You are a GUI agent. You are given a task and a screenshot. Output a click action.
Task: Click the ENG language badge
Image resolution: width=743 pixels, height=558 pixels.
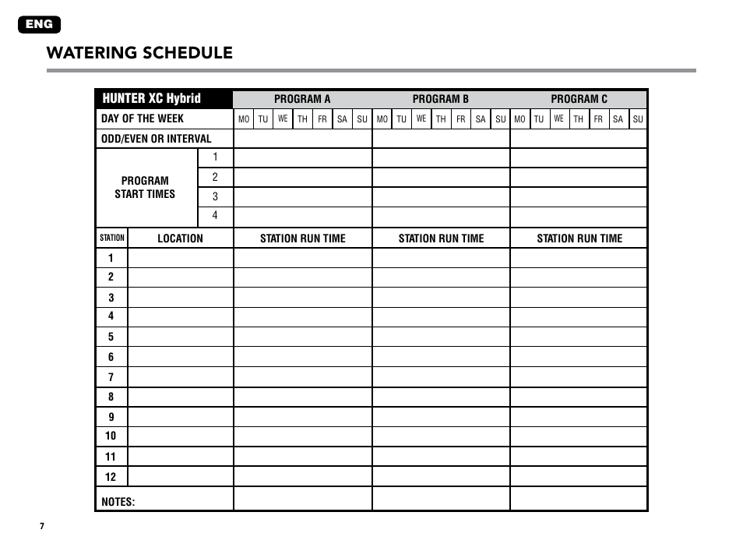coord(39,25)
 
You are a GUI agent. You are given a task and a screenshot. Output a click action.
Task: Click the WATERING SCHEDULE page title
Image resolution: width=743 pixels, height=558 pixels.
coord(139,53)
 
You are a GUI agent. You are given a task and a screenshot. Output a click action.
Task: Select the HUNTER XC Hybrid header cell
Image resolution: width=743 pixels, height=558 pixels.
coord(151,98)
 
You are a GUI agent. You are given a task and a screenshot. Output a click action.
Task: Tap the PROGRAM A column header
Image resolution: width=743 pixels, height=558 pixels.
coord(302,99)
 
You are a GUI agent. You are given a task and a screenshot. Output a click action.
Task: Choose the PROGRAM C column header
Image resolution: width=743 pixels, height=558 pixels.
coord(579,99)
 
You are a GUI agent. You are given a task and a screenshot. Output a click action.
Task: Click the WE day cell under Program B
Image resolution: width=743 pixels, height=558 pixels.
coord(421,119)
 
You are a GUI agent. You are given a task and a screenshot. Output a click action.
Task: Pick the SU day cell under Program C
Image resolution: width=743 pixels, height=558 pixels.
coord(638,119)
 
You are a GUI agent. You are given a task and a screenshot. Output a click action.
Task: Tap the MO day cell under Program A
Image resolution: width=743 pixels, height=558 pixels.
coord(244,119)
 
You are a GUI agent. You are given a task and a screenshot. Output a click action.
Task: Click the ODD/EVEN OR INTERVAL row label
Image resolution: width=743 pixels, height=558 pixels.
coord(157,139)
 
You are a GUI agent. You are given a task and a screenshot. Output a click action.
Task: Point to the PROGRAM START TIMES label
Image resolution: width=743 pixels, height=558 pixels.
coord(145,187)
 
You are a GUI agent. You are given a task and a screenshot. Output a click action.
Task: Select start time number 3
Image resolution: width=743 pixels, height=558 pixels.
coord(215,197)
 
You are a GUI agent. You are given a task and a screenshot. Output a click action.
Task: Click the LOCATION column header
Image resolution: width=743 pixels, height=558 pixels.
coord(180,238)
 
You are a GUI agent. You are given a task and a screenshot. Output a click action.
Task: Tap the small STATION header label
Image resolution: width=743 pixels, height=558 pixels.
coord(112,238)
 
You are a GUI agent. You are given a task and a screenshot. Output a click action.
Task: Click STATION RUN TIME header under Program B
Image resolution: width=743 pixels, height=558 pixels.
coord(441,238)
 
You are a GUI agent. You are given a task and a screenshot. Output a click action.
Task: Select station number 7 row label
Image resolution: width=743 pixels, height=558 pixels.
coord(111,377)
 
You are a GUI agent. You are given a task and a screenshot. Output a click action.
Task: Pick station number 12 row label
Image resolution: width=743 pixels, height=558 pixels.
coord(111,476)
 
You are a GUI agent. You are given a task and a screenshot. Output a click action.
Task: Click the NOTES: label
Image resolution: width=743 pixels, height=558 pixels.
coord(118,501)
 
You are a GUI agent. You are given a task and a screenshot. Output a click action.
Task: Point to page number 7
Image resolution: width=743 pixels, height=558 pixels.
coord(43,526)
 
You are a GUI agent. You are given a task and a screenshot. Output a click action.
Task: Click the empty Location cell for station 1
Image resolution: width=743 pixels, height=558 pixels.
coord(180,258)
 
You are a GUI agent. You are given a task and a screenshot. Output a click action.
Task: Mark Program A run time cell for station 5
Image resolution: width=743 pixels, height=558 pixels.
coord(302,337)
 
